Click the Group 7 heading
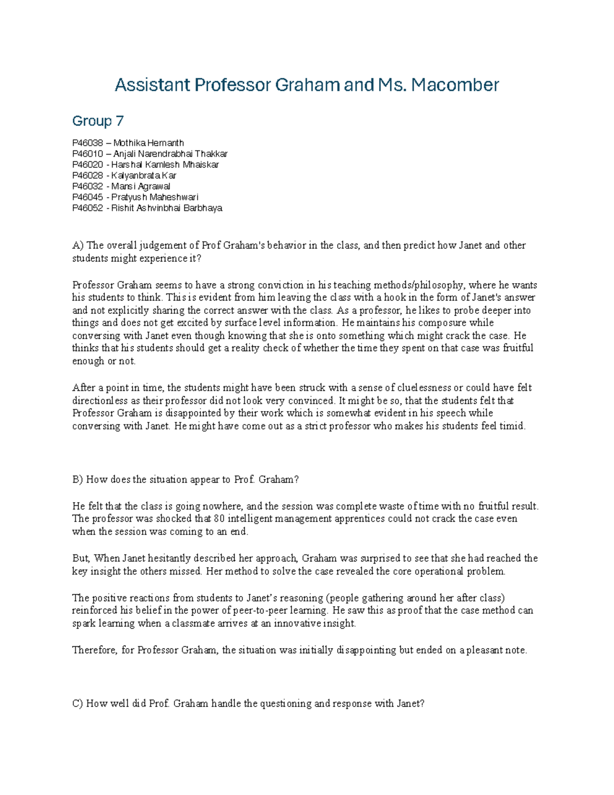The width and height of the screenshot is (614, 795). (98, 121)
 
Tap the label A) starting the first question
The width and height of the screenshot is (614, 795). (78, 245)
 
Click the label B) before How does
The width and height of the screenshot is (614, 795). (78, 480)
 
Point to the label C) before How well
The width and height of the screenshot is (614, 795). (78, 703)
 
